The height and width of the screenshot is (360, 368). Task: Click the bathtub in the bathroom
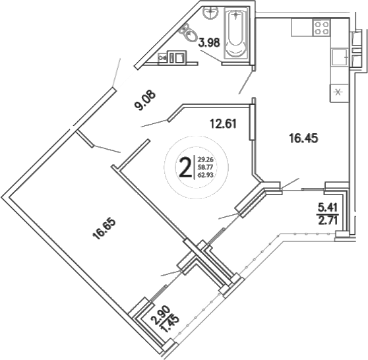pos(235,34)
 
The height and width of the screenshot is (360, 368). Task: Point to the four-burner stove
pos(321,27)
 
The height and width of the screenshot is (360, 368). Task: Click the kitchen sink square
pos(340,57)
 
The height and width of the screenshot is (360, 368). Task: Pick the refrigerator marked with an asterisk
pos(339,92)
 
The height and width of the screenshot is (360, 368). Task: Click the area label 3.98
pos(210,44)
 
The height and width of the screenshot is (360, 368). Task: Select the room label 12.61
pos(222,122)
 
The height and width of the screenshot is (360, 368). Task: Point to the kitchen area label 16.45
pos(302,137)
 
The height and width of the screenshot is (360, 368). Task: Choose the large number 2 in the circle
pos(185,166)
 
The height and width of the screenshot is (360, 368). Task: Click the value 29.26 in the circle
pos(206,159)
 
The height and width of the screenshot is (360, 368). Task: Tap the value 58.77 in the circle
pos(206,167)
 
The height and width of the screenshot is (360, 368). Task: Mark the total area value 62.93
pos(206,176)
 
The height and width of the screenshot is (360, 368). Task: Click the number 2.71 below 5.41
pos(328,221)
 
